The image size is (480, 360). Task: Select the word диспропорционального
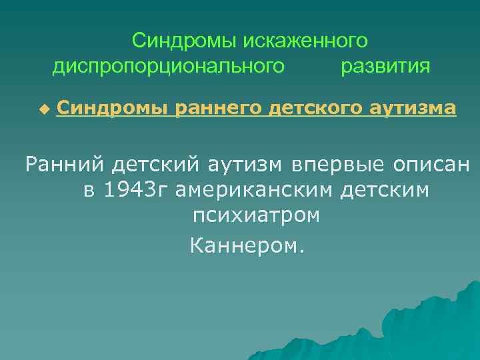click(169, 67)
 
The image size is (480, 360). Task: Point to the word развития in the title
click(385, 67)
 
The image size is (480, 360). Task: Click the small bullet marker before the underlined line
click(44, 107)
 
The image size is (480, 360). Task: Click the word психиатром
click(256, 216)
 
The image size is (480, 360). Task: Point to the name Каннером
click(247, 247)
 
